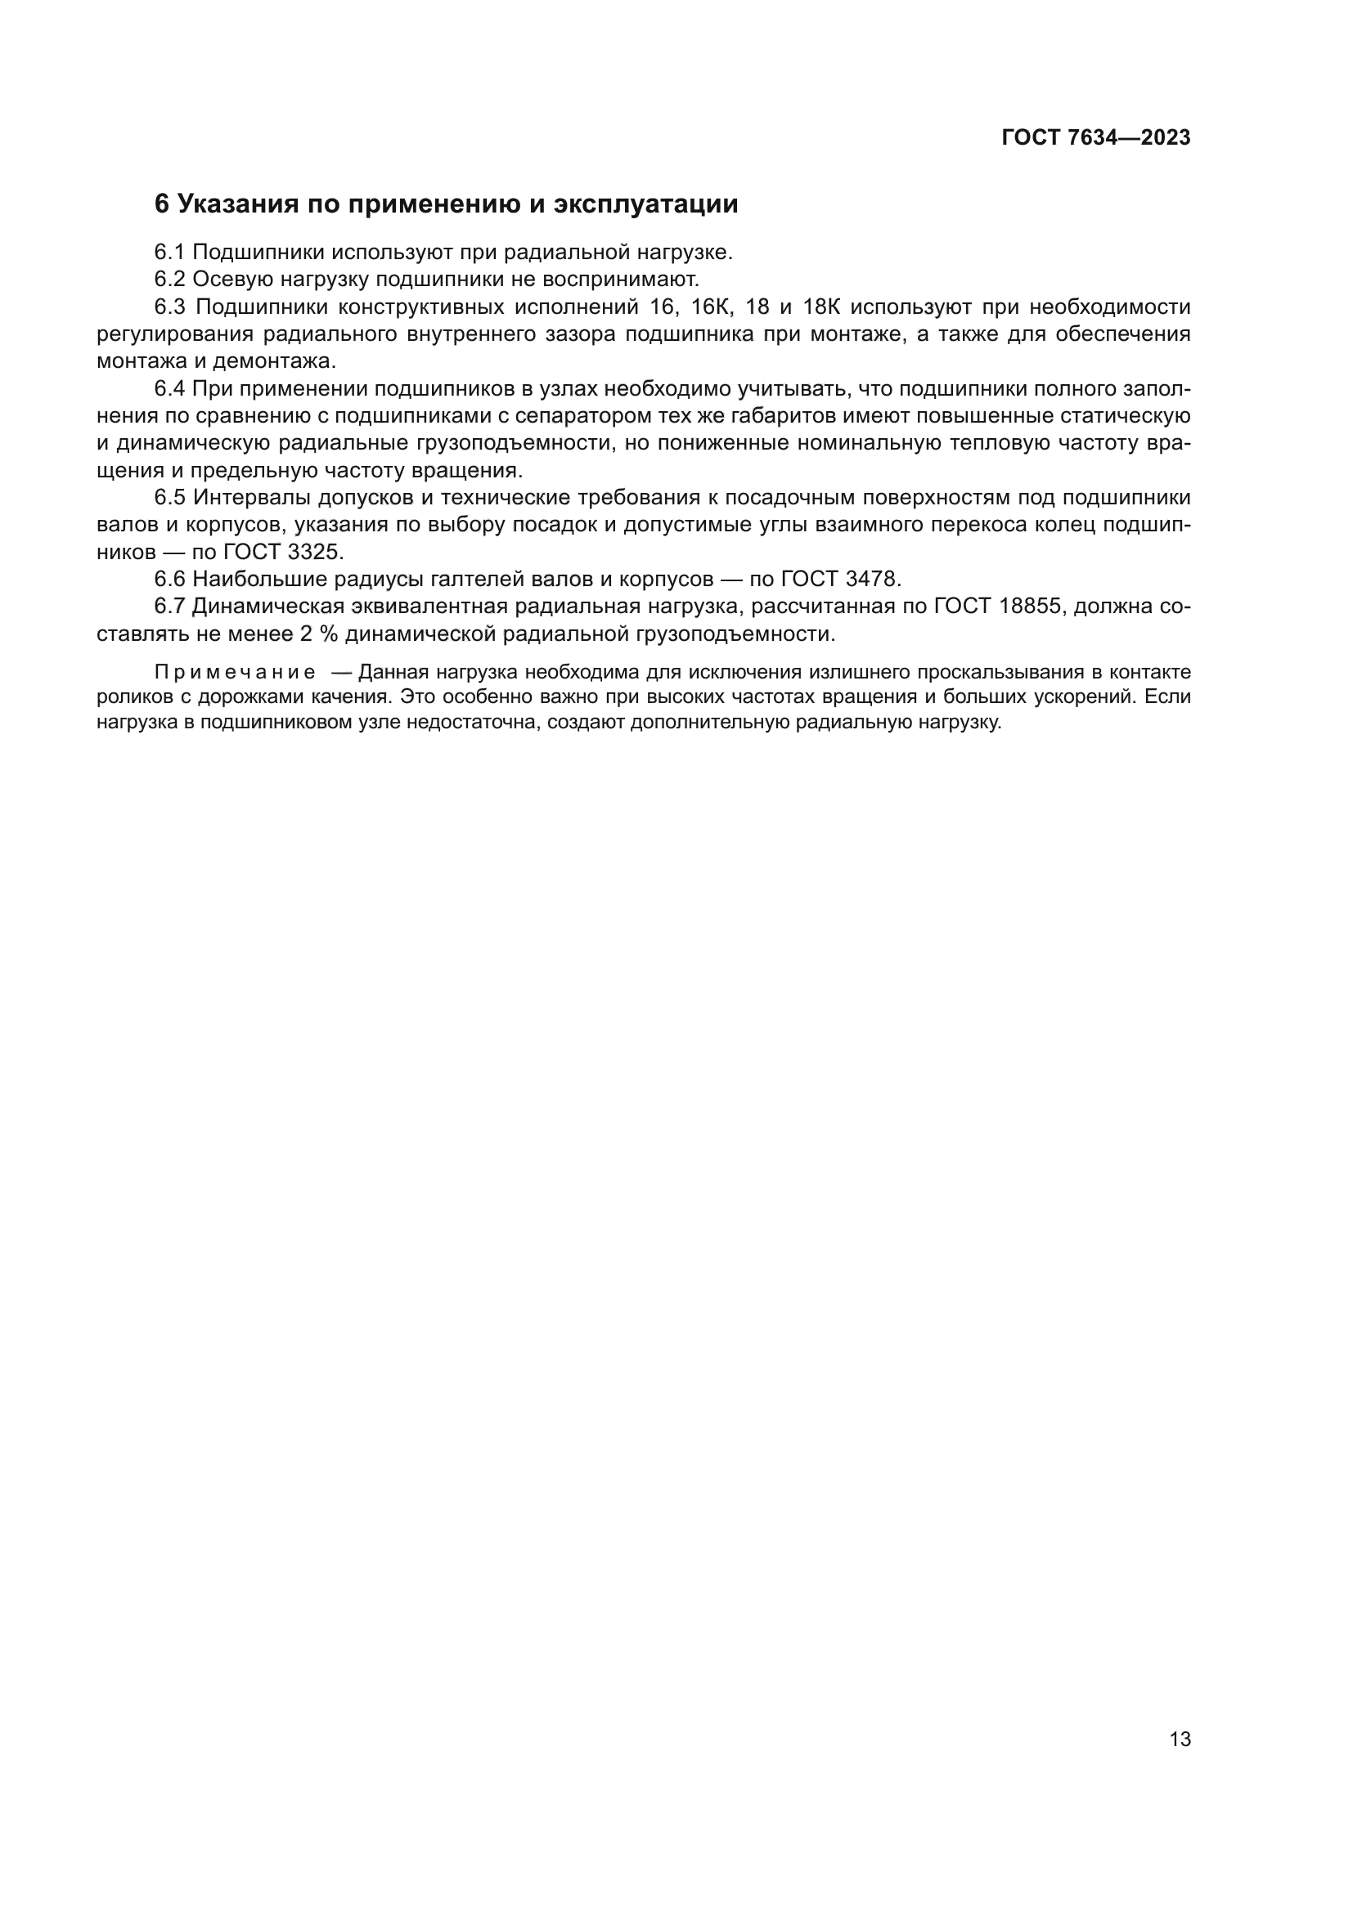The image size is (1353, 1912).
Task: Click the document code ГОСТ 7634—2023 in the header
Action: click(x=1095, y=138)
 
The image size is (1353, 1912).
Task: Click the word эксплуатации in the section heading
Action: click(x=645, y=204)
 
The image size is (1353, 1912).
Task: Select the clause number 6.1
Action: click(x=169, y=253)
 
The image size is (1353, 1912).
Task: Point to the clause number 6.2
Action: click(x=169, y=279)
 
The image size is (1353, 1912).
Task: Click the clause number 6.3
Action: click(x=169, y=307)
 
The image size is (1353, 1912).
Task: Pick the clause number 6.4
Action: click(x=169, y=389)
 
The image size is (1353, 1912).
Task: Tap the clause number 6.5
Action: click(x=169, y=498)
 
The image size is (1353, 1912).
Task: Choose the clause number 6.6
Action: click(x=169, y=579)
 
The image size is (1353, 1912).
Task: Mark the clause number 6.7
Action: click(x=169, y=607)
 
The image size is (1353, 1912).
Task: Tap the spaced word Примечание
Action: click(x=235, y=673)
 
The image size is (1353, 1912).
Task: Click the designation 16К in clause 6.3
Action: click(x=711, y=307)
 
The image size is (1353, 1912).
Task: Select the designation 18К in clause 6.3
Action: click(x=821, y=307)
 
